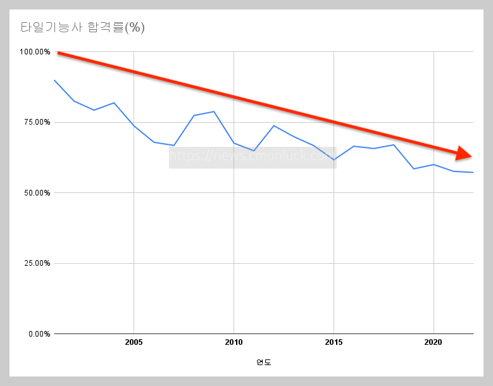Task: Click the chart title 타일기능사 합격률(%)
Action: tap(83, 28)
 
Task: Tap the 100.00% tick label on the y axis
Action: tap(35, 52)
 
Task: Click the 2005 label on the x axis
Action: tap(134, 342)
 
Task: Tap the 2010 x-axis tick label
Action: tap(234, 342)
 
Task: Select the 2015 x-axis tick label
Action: tap(334, 342)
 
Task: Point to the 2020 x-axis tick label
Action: tap(434, 342)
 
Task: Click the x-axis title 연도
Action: tap(263, 363)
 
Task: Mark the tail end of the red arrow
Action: tap(59, 53)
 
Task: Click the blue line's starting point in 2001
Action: tap(54, 80)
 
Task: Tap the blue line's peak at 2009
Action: tap(214, 111)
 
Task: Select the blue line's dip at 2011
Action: tap(254, 151)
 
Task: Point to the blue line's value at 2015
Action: tap(334, 159)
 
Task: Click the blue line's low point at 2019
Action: tap(413, 169)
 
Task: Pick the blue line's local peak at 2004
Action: tap(114, 103)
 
